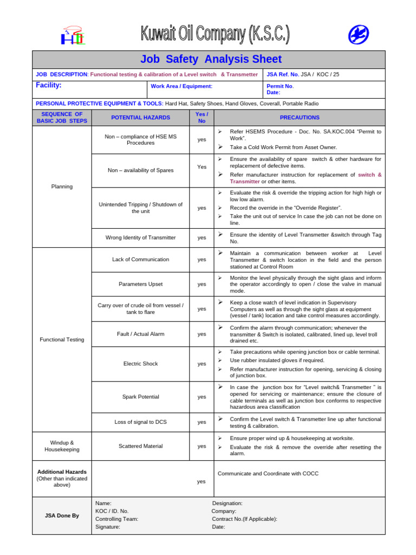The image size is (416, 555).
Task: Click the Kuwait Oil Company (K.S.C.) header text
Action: pos(215,35)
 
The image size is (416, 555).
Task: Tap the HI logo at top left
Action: pos(73,37)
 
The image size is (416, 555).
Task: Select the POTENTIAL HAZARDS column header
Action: pos(140,118)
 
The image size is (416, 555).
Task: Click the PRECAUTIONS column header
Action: pos(300,118)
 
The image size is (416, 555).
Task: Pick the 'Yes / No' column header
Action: pos(201,118)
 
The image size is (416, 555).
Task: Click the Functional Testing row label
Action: pos(62,340)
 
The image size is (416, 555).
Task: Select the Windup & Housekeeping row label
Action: pos(62,446)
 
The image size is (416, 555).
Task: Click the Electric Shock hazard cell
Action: pos(140,364)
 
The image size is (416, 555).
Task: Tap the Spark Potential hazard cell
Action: pos(140,397)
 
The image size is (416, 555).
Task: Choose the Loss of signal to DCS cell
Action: pos(140,422)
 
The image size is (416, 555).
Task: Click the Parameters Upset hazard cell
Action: pos(140,284)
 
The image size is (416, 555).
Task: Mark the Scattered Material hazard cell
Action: pos(140,446)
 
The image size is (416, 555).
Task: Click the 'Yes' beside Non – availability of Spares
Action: pos(201,167)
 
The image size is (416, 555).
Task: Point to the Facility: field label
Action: pos(49,86)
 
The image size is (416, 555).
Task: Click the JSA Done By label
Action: pos(62,515)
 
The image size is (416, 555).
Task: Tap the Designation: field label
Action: pos(227,504)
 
